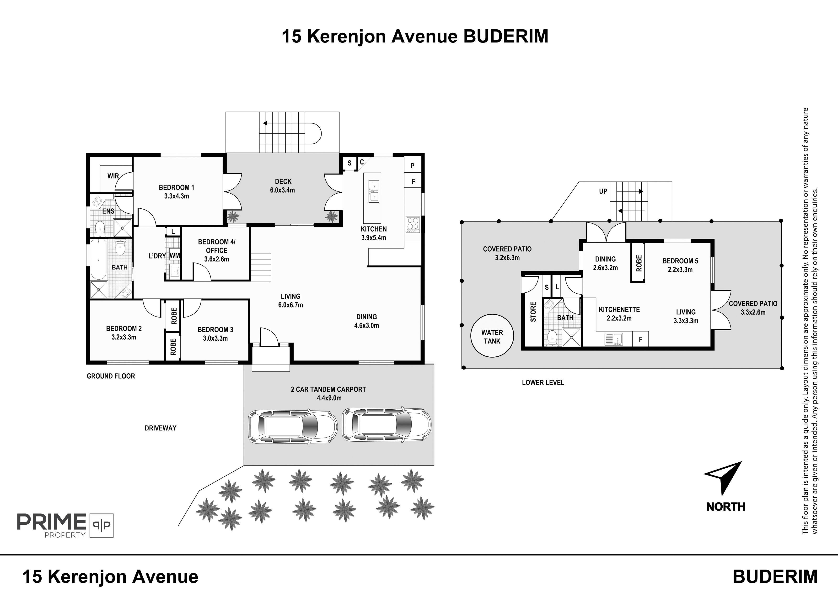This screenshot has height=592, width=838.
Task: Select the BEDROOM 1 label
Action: point(176,187)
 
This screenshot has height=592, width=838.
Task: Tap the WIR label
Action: point(113,176)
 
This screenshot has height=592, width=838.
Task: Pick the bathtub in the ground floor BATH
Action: point(99,259)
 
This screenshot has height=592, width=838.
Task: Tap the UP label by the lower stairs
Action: point(603,191)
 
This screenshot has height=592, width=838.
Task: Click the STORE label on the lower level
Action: point(533,312)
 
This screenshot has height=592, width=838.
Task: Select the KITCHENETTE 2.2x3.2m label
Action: point(619,314)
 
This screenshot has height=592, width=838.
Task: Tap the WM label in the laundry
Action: point(175,256)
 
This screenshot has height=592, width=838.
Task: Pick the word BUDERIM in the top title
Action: point(506,37)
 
